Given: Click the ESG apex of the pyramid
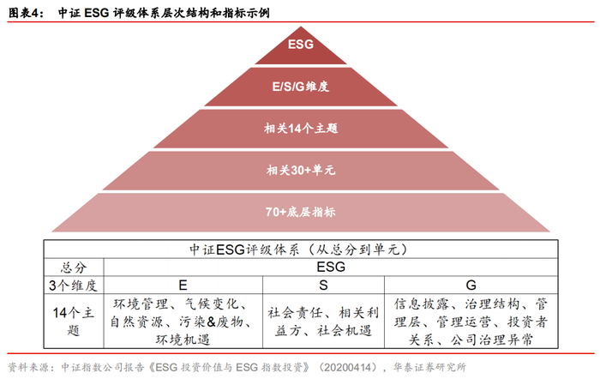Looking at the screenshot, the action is click(300, 44).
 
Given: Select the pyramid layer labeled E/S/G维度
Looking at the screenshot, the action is click(300, 86).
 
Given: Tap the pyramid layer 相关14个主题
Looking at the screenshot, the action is click(300, 129).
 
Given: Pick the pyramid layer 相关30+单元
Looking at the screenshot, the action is click(300, 171).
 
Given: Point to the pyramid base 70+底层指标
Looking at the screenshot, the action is click(300, 212).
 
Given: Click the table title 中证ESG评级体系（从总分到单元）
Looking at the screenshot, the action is click(299, 249).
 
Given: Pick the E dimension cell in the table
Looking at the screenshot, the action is click(181, 284).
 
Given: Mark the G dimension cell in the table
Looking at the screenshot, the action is click(470, 284).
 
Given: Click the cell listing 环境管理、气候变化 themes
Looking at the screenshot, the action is click(181, 318).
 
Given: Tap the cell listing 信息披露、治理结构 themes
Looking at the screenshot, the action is click(470, 318).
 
